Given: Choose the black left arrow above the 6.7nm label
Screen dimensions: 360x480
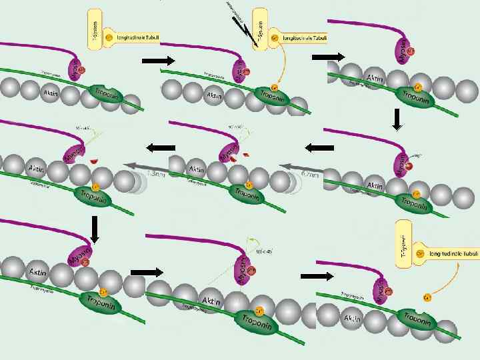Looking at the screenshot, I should [319, 147].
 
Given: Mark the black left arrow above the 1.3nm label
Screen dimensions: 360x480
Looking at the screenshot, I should [160, 147].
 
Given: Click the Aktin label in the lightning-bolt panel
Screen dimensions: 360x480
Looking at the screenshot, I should [214, 95].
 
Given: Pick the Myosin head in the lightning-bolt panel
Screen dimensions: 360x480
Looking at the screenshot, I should [237, 71].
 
